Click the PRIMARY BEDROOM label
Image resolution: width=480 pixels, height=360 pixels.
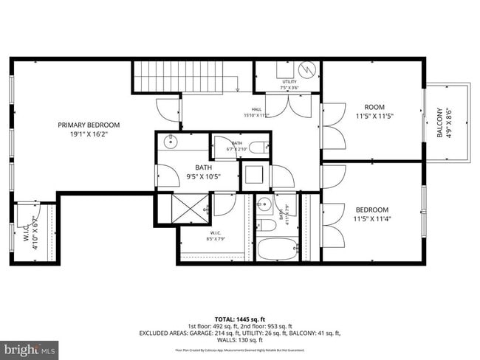[89, 125]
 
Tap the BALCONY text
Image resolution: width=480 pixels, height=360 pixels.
[439, 123]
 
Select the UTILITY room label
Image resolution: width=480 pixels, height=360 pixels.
[289, 81]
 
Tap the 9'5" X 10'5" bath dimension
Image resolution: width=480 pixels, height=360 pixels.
[203, 177]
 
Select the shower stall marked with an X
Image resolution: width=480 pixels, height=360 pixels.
[191, 209]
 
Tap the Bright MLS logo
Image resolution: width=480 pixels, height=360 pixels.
[30, 347]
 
